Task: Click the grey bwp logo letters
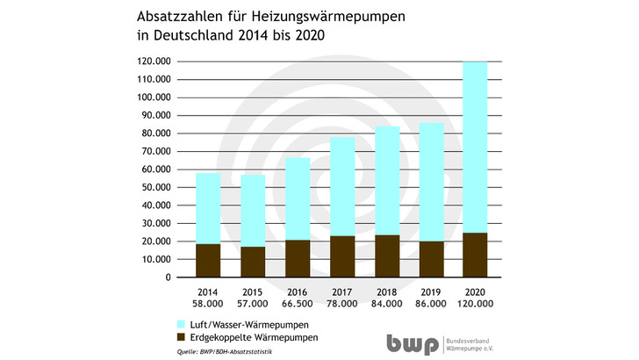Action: [413, 344]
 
